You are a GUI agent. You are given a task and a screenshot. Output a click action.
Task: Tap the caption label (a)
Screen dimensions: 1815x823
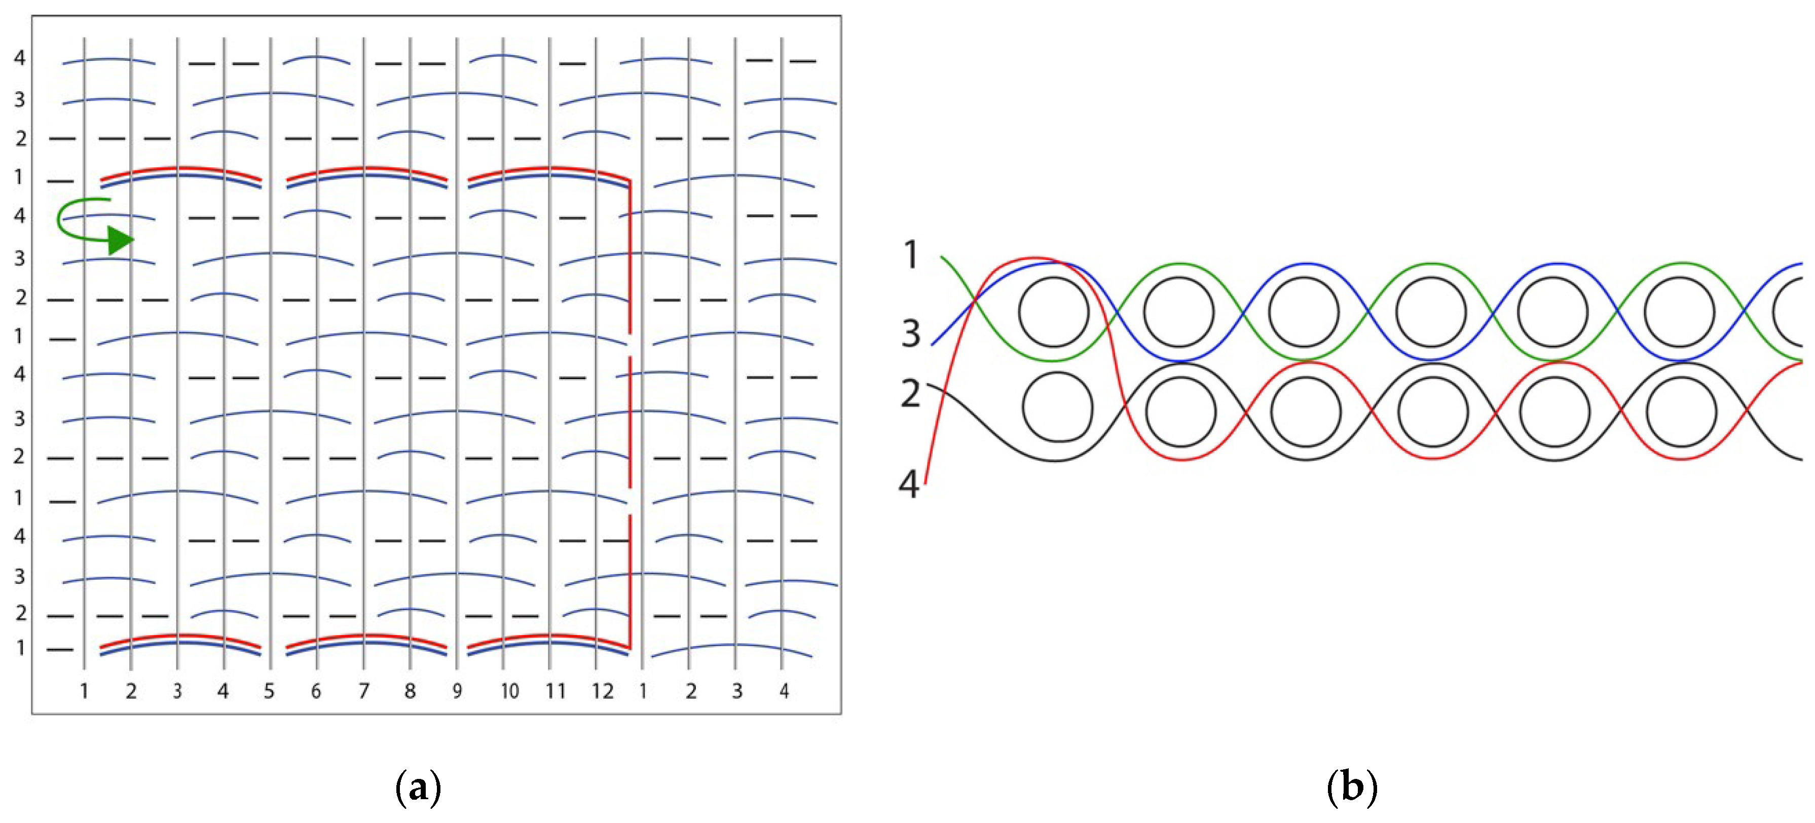coord(419,787)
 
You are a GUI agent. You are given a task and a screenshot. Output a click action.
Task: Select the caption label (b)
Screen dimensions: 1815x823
coord(1351,787)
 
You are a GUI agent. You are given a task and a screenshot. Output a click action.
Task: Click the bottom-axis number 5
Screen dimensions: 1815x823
coord(269,691)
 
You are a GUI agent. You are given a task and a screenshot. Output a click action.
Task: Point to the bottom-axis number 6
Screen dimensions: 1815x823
coord(316,691)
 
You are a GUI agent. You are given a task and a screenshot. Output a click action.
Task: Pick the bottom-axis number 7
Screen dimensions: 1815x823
coord(363,691)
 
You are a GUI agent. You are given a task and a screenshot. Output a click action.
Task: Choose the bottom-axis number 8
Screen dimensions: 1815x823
coord(410,691)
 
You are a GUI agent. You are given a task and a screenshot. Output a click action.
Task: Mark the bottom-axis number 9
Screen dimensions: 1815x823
coord(457,691)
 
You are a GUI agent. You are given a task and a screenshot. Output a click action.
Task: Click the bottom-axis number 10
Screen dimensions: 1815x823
coord(509,691)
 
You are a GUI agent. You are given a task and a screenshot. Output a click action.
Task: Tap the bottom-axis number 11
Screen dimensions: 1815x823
coord(556,691)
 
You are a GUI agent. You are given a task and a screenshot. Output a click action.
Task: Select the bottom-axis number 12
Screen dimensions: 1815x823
coord(603,691)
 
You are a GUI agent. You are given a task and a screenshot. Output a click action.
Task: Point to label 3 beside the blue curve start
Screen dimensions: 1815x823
coord(911,333)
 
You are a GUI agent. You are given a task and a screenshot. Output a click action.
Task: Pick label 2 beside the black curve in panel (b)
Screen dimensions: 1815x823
coord(910,393)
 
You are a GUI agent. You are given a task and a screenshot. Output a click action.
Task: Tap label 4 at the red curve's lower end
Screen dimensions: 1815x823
coord(909,484)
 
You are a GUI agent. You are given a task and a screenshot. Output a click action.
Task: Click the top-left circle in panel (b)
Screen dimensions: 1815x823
coord(1054,312)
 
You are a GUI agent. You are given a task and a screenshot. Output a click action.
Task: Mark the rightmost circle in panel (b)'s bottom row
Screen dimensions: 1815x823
coord(1681,411)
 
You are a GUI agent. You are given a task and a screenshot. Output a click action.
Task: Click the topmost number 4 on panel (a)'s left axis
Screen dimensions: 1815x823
coord(20,58)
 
